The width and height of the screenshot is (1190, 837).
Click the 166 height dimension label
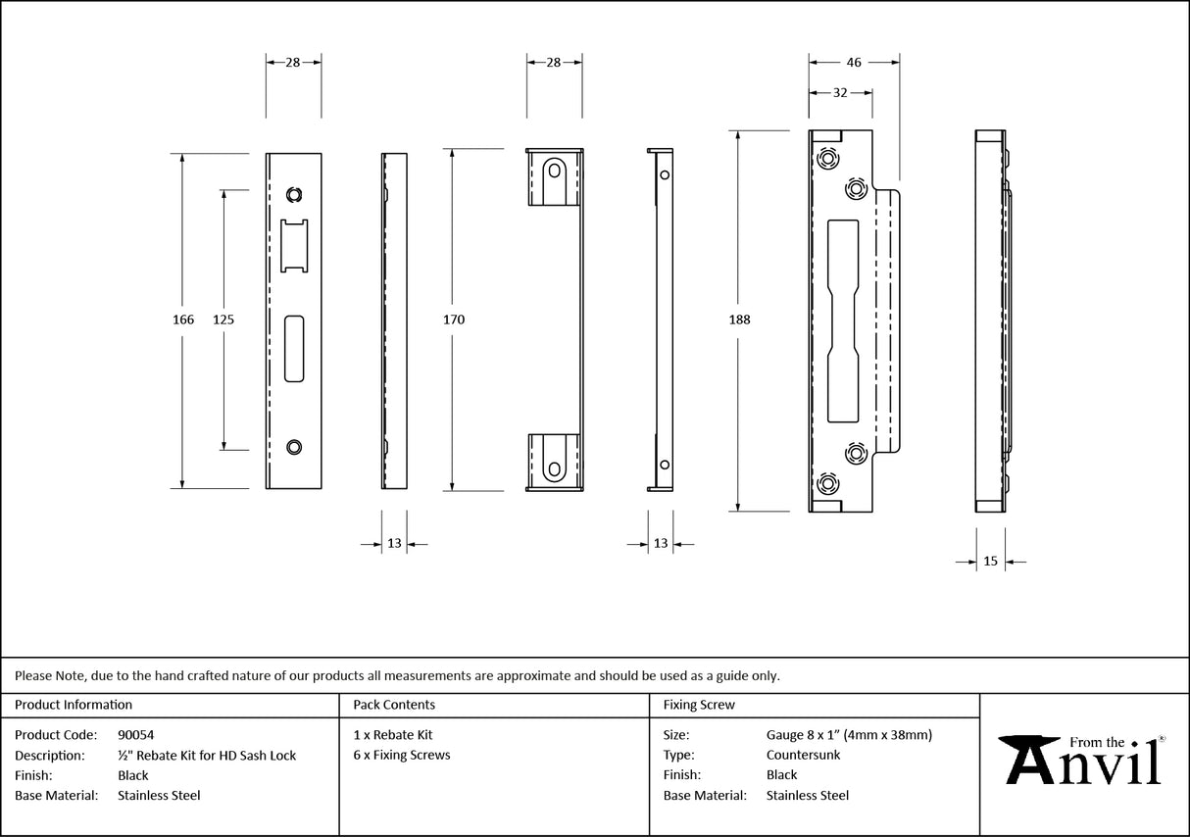183,320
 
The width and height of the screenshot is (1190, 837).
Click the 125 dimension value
223,320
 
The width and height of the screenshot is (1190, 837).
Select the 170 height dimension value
453,320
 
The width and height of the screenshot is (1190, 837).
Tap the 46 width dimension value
853,62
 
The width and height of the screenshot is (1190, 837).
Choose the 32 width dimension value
840,93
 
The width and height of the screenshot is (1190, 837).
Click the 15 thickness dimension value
990,562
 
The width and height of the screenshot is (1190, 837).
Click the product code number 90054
135,734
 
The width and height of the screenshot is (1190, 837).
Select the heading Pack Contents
394,705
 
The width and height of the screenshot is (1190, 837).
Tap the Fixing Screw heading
699,705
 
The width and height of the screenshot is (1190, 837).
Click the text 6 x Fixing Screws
402,755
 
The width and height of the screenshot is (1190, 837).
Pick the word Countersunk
803,755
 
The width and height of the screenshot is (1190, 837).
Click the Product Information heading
74,705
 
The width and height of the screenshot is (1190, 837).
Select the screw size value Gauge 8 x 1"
849,734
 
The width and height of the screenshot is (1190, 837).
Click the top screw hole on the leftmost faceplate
294,193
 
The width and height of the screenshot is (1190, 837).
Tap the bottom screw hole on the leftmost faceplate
294,447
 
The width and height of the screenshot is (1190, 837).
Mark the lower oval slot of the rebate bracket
556,460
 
